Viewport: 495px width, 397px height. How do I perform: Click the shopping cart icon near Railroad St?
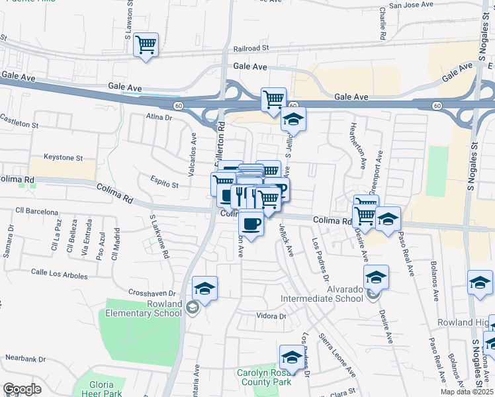click(146, 45)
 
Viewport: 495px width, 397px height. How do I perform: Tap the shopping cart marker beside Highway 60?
click(273, 100)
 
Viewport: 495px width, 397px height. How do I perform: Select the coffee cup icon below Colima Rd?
click(251, 223)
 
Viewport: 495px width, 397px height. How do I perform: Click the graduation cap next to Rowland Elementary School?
click(205, 288)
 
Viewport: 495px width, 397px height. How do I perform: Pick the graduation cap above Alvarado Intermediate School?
click(376, 277)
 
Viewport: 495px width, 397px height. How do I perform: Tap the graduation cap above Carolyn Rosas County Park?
click(291, 358)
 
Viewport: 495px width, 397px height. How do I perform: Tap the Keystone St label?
click(63, 158)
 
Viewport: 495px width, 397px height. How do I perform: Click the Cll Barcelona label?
click(38, 212)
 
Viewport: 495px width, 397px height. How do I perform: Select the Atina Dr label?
click(159, 118)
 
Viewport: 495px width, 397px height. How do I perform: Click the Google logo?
click(22, 389)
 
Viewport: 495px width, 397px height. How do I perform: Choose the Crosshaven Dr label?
click(152, 293)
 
